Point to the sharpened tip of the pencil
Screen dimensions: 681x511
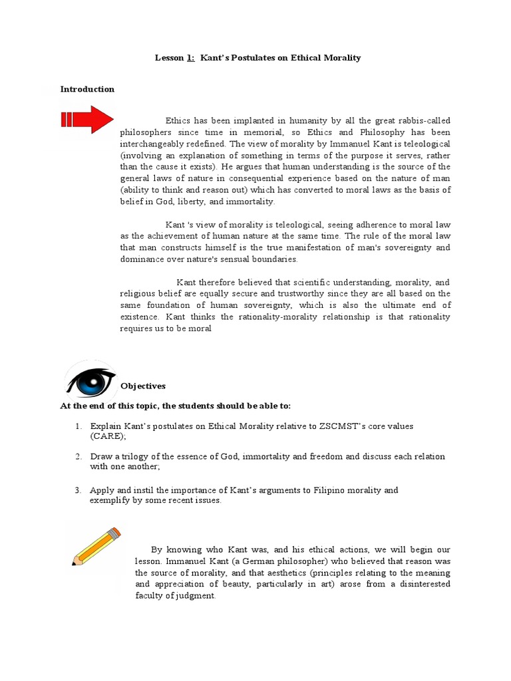click(x=75, y=563)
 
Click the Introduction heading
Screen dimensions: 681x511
click(x=87, y=89)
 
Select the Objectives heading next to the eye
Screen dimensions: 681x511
click(x=143, y=386)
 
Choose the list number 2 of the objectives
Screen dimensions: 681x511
click(x=78, y=456)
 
